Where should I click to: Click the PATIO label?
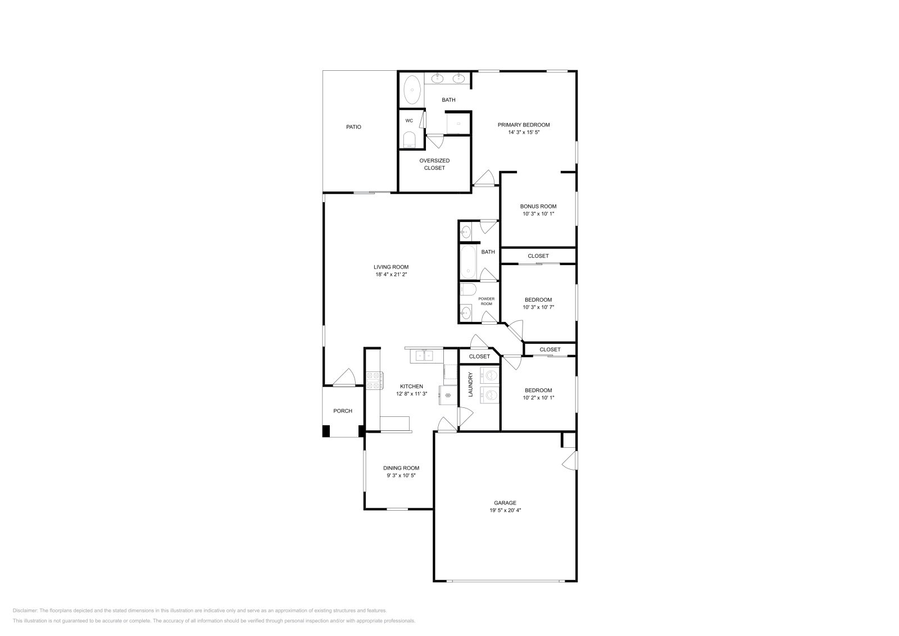tap(353, 127)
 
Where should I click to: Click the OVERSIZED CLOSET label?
tap(434, 164)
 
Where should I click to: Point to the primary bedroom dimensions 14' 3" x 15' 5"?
tap(523, 133)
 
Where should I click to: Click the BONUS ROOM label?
tap(538, 206)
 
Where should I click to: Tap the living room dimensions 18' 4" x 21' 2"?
tap(391, 275)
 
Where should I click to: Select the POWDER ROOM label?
tap(487, 301)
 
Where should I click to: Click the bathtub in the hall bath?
tap(469, 262)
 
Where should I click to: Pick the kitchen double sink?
tap(424, 356)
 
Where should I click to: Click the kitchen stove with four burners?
tap(374, 381)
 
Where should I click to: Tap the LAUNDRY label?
tap(471, 384)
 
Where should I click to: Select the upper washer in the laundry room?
tap(491, 375)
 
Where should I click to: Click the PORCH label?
tap(343, 411)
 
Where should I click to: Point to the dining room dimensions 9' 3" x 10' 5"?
tap(401, 475)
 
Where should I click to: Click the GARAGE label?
tap(505, 503)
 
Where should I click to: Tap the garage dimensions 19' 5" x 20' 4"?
tap(505, 511)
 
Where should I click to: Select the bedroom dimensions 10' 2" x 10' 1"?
tap(538, 398)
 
